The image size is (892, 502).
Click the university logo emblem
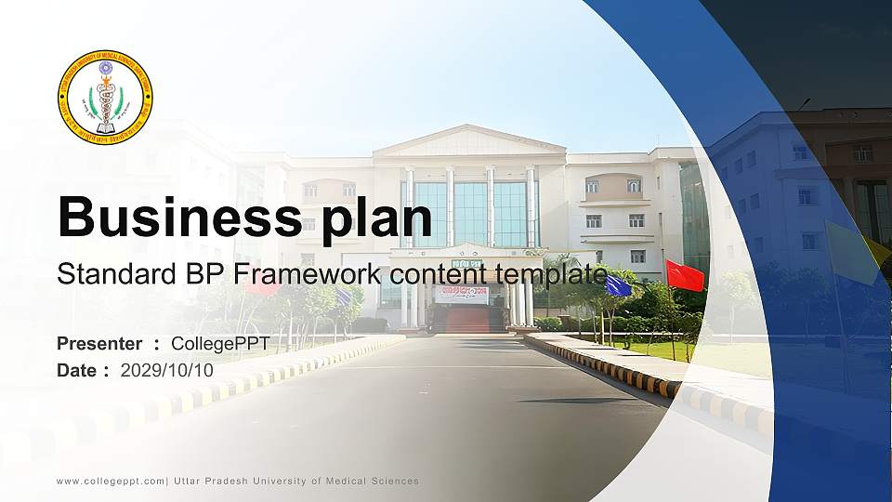tap(105, 97)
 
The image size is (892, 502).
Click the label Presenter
tap(99, 344)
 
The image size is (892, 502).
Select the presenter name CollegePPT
tap(220, 344)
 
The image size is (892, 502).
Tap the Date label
tap(77, 370)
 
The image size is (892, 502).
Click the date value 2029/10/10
tap(167, 370)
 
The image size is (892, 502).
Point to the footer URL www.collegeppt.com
tap(110, 481)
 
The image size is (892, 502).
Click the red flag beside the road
tap(686, 275)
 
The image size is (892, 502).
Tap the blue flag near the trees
tap(618, 286)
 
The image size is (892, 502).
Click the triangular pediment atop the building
tap(469, 141)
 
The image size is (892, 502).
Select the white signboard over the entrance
tap(462, 294)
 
